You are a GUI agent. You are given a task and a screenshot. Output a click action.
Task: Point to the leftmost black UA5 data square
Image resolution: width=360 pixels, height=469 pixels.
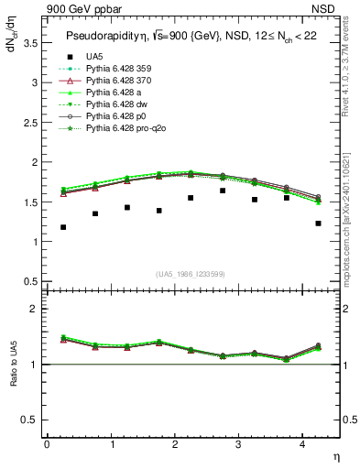pos(63,227)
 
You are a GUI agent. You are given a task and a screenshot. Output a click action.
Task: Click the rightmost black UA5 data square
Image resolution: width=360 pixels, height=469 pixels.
pos(318,224)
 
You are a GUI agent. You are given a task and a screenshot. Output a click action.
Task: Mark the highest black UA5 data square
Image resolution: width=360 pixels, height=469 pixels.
pos(223,191)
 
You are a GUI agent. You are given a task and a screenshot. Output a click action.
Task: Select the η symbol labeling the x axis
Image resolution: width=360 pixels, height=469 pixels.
pos(334,456)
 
